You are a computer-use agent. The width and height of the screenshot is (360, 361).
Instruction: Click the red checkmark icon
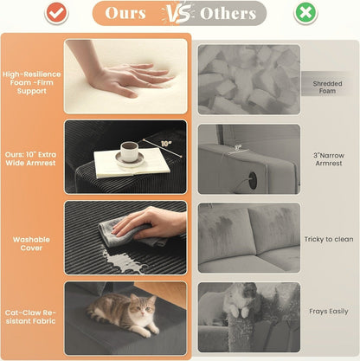pos(56,12)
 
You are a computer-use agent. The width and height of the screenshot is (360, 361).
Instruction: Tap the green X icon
pos(305,12)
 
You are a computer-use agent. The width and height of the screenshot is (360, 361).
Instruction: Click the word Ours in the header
pos(125,13)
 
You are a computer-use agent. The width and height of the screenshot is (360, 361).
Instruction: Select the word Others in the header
pos(228,13)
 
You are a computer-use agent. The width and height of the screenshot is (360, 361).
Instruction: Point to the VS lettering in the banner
pos(178,14)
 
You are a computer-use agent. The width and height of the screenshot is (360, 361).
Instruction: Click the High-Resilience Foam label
pos(32,82)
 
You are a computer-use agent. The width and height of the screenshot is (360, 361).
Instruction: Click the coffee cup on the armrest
pos(128,151)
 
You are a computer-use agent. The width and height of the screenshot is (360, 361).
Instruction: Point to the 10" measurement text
pos(166,144)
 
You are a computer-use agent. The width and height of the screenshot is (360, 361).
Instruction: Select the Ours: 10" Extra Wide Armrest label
pos(30,158)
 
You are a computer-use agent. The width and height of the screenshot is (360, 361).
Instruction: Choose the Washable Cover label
pos(31,243)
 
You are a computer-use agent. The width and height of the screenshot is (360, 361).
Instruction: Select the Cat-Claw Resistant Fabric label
pos(30,317)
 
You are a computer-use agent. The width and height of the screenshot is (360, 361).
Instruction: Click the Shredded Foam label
pos(327,87)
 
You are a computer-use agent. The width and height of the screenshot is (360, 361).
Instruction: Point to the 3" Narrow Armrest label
pos(329,159)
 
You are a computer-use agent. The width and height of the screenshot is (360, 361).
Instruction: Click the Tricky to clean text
pos(329,239)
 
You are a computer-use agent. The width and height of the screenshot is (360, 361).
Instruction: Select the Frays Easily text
pos(329,312)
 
